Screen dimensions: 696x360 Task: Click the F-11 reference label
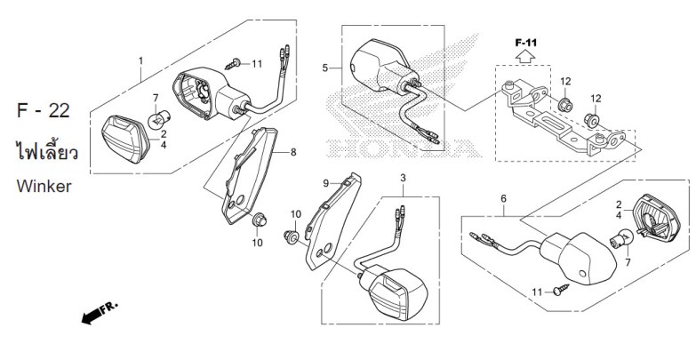(526, 43)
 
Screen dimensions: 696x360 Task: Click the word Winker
(44, 186)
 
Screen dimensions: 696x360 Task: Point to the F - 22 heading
(44, 110)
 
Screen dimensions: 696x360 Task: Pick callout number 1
(141, 60)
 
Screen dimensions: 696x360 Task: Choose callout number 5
(325, 68)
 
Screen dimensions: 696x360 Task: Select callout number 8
(293, 152)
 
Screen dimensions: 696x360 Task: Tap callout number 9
(326, 183)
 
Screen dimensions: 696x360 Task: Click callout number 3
(403, 178)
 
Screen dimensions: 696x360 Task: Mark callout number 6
(503, 198)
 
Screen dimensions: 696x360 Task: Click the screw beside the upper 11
(233, 64)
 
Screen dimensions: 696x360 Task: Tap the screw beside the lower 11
(561, 290)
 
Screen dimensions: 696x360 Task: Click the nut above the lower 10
(259, 219)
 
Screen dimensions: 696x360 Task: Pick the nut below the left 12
(565, 106)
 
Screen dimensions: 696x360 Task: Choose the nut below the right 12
(592, 120)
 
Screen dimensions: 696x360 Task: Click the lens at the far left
(125, 139)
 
